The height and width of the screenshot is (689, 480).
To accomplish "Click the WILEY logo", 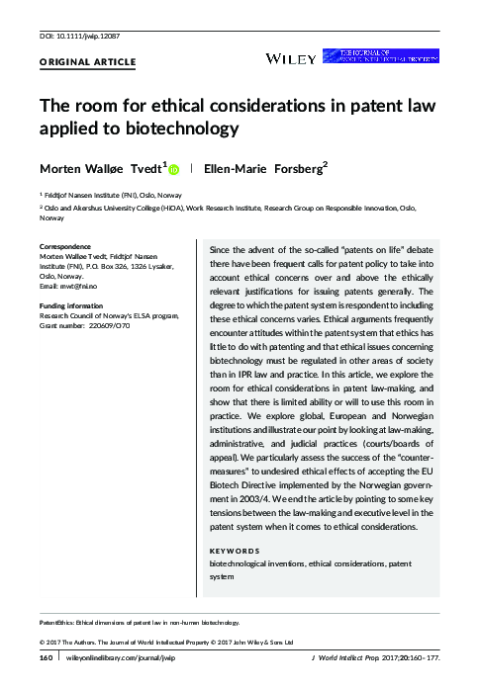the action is [x=292, y=58].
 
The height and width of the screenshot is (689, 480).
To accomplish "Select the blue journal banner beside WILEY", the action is [x=396, y=57].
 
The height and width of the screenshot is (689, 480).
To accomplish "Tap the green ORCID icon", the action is [x=174, y=169].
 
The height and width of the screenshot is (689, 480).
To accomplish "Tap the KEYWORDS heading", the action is [x=237, y=549].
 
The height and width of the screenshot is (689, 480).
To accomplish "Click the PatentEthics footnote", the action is [x=140, y=624].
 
